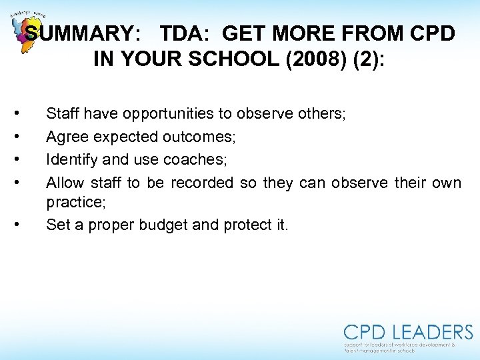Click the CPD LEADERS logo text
[408, 333]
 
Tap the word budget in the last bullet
[164, 225]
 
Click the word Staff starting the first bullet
[61, 114]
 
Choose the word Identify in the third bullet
[69, 160]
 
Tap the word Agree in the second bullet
[63, 137]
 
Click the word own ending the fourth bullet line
[447, 183]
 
